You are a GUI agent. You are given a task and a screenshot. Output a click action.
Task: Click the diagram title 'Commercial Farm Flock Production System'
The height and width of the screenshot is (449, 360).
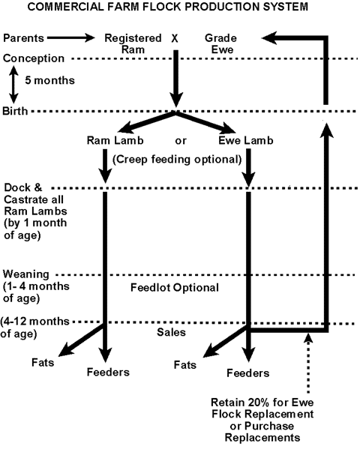tap(168, 7)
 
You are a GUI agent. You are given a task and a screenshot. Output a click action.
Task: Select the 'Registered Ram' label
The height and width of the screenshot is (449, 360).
tap(133, 43)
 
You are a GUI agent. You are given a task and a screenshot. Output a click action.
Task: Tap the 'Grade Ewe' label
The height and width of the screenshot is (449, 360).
tap(221, 43)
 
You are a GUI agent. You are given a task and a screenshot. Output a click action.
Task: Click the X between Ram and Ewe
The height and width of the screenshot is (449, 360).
tap(175, 38)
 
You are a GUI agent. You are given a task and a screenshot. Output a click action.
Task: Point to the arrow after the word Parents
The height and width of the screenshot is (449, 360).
tap(71, 37)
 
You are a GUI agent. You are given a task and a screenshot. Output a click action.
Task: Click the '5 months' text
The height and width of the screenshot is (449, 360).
tap(49, 80)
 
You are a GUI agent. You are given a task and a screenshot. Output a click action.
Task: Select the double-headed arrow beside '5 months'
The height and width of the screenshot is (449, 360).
tap(13, 85)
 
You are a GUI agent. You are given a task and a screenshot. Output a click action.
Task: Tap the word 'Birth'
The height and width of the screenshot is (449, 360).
tap(15, 111)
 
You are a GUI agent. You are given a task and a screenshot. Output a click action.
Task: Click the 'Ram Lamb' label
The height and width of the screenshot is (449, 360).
tap(115, 140)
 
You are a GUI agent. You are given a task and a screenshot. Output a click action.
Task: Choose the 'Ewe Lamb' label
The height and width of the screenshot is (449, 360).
tap(246, 140)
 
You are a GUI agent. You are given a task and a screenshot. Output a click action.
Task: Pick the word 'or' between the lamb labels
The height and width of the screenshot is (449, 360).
tap(181, 141)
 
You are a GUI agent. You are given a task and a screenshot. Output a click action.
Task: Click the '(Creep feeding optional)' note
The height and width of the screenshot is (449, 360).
tap(177, 159)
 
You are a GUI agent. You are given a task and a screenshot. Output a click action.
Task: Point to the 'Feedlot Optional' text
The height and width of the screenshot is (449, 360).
tap(175, 287)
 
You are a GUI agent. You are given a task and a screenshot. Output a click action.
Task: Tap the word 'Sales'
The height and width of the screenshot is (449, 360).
tap(171, 332)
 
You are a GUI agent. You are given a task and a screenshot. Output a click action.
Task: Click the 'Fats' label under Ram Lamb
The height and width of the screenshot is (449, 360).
tap(43, 363)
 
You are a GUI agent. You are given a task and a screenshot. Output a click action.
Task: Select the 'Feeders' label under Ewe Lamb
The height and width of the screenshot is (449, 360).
tap(248, 373)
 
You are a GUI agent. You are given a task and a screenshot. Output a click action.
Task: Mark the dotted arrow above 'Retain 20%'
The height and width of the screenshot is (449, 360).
tap(308, 364)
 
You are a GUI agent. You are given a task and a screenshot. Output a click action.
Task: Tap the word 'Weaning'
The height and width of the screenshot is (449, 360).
tap(26, 274)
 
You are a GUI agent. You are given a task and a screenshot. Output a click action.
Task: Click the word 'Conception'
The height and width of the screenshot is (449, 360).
tap(34, 58)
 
